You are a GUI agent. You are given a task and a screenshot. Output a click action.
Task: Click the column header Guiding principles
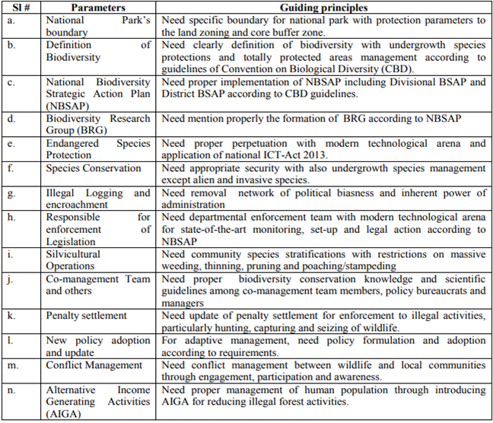(x=322, y=8)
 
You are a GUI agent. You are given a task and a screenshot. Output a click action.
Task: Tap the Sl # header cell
(x=21, y=8)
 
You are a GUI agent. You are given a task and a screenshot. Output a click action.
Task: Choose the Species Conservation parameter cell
(x=94, y=168)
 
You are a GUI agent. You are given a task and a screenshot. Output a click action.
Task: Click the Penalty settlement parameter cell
(x=86, y=316)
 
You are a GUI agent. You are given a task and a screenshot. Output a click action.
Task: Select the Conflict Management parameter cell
(x=94, y=365)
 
